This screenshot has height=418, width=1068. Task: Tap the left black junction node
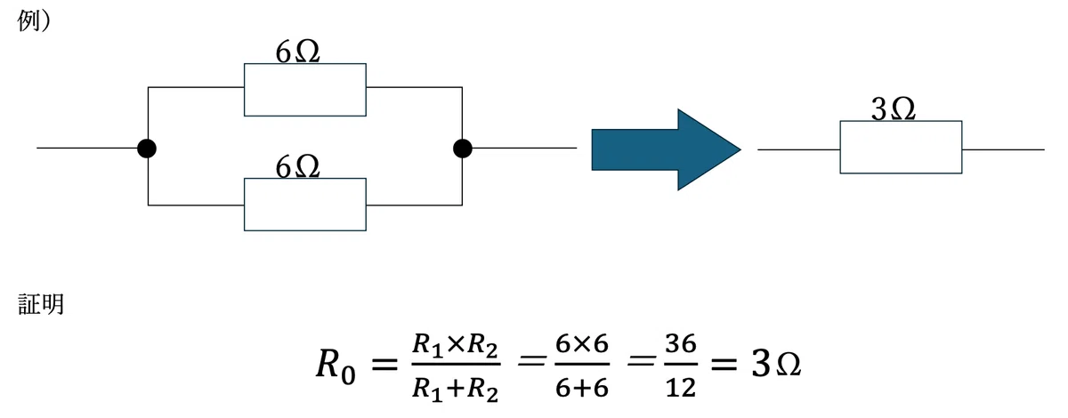147,149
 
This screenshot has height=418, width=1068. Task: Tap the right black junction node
463,149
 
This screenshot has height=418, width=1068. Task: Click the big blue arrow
666,149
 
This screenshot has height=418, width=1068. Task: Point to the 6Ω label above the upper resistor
297,52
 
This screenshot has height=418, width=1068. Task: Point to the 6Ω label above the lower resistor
297,167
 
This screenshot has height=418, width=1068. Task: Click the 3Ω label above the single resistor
893,109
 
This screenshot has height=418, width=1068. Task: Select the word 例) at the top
34,20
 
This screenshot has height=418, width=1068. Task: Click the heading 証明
41,304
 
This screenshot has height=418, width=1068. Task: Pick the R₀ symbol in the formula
336,366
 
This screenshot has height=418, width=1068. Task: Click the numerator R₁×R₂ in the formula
456,345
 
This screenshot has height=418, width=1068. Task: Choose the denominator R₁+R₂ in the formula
456,389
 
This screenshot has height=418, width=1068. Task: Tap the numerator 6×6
582,343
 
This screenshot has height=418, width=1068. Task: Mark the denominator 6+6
582,388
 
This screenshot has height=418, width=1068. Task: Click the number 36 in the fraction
681,343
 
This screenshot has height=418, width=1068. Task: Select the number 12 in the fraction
681,388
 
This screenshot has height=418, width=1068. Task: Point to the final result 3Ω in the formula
776,365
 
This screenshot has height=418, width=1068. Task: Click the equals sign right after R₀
384,366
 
